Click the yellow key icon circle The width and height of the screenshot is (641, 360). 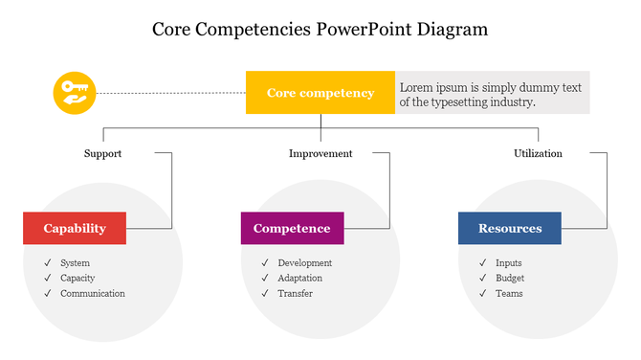click(75, 93)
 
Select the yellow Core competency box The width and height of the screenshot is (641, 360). click(320, 93)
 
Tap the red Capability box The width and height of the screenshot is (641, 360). click(75, 229)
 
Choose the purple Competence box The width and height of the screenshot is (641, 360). click(292, 229)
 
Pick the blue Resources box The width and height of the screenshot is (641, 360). click(510, 229)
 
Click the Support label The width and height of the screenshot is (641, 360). click(102, 153)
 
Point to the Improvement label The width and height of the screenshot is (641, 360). click(320, 153)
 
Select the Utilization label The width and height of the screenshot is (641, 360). click(538, 153)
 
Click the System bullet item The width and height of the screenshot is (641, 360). click(75, 263)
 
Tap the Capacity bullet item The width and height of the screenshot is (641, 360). click(77, 279)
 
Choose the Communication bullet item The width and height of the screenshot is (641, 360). click(93, 294)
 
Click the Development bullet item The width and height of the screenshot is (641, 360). click(305, 263)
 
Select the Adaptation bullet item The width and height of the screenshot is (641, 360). click(300, 279)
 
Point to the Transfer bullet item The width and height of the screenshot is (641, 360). click(296, 294)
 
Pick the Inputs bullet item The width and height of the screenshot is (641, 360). click(509, 263)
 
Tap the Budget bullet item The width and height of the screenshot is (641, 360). click(510, 279)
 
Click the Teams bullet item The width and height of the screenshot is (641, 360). click(509, 294)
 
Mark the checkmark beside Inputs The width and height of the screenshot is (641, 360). click(483, 263)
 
